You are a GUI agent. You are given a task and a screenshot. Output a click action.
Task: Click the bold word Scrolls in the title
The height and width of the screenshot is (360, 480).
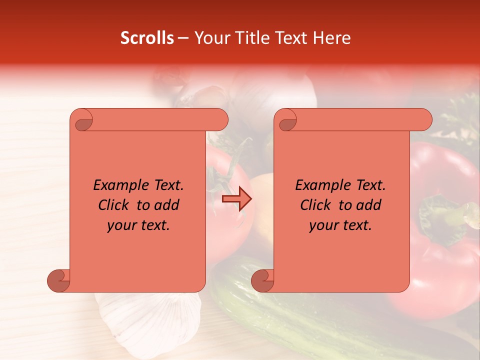tap(147, 38)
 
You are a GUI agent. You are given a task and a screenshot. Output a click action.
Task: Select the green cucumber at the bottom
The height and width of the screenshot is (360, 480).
tap(280, 310)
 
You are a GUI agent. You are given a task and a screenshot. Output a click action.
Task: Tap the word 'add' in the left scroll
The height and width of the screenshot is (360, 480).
tap(167, 205)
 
